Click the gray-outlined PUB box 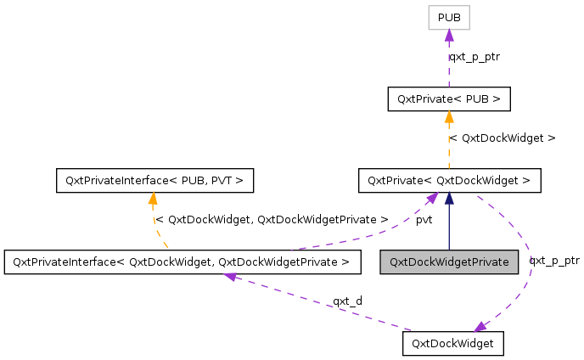pos(449,17)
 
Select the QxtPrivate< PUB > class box pos(449,98)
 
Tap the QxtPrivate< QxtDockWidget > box pos(449,180)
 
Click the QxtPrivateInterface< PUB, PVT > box pos(153,180)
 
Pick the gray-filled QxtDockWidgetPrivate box pos(449,262)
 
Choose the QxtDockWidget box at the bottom pos(452,343)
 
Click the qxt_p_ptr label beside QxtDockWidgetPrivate pos(553,261)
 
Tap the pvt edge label pos(424,220)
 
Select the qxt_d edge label pos(347,301)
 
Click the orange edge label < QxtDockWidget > pos(502,138)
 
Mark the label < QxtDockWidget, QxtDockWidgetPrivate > pos(272,219)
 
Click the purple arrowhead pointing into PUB pos(449,35)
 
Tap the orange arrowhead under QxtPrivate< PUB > pos(449,116)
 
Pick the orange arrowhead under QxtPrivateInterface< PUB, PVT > pos(153,199)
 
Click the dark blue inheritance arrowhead pos(449,198)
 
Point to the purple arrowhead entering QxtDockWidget pos(481,327)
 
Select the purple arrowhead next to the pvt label pos(432,198)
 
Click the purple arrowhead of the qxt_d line pos(229,277)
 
